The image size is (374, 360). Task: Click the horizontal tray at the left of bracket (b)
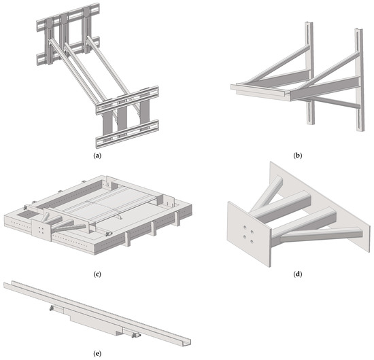[248, 90]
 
